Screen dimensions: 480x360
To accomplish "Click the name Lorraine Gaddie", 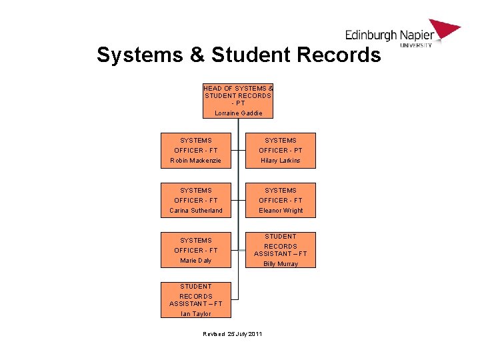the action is tap(238, 113).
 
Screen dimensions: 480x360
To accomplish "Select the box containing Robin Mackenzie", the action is tap(196, 151).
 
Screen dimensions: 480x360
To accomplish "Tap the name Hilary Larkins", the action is tap(280, 161).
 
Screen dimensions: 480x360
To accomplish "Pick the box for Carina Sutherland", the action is tap(196, 201).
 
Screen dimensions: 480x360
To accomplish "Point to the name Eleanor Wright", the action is tap(280, 211).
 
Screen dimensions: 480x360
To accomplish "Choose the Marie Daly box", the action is tap(196, 251).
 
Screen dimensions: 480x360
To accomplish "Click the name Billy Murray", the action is tap(280, 264).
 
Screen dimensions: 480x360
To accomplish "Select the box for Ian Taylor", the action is tap(196, 300).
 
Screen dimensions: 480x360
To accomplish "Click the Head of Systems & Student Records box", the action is tap(238, 100).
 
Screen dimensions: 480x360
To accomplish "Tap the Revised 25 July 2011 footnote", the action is tap(233, 333).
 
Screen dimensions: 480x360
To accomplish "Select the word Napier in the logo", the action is tap(417, 35).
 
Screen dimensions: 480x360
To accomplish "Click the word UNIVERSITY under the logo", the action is tap(416, 45).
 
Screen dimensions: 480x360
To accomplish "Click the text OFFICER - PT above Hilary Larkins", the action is tap(280, 151).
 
